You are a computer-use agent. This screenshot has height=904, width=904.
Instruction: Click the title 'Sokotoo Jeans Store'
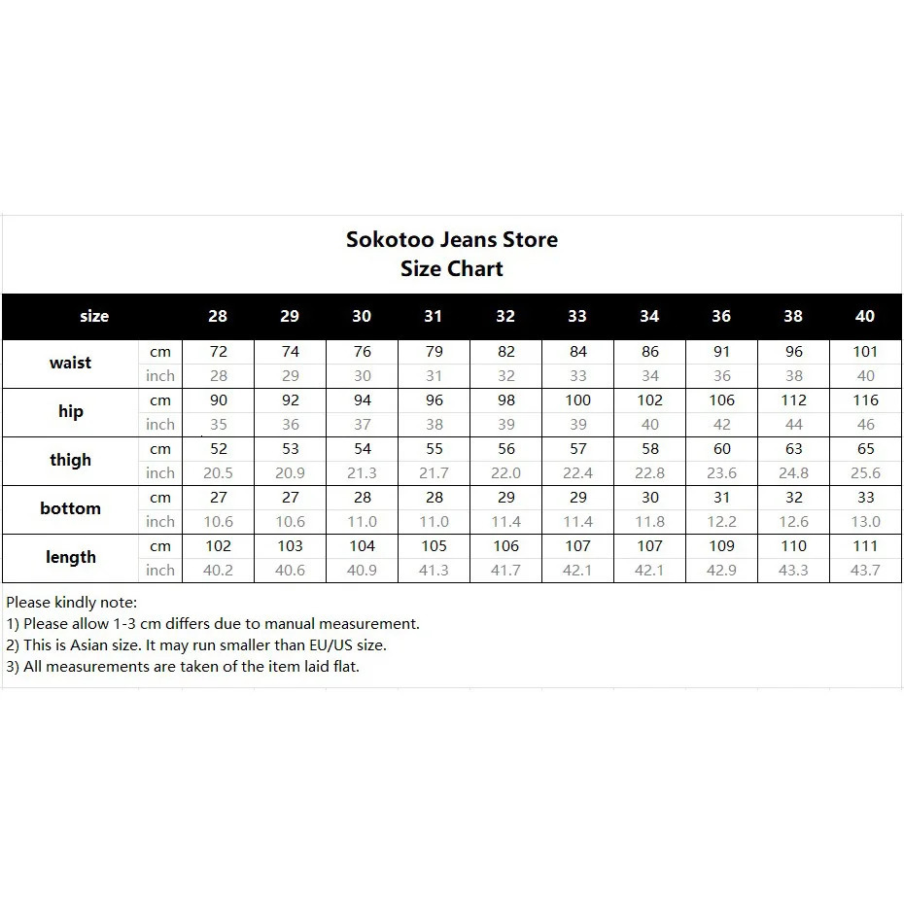(452, 240)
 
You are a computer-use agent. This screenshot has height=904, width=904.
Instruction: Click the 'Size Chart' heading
(452, 269)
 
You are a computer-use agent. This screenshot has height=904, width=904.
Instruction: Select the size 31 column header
(434, 316)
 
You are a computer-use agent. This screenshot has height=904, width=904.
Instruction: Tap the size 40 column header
(865, 316)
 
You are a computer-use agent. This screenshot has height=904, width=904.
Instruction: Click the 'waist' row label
(70, 363)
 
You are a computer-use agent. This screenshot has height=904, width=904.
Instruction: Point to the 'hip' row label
(70, 411)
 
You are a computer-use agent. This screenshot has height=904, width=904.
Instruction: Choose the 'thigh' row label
(70, 460)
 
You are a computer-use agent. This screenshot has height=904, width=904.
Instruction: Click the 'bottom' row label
(70, 508)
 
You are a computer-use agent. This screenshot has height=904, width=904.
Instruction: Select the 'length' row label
(70, 557)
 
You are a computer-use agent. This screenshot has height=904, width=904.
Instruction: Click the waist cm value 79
(434, 352)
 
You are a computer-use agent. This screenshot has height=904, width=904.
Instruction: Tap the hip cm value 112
(794, 400)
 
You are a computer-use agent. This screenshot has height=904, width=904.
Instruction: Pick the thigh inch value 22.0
(505, 473)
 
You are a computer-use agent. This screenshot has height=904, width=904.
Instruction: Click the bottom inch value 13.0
(865, 522)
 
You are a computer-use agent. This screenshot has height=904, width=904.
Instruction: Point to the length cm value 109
(721, 546)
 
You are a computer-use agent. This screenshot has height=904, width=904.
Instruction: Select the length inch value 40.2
(218, 571)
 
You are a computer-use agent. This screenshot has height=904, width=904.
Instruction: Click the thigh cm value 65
(865, 449)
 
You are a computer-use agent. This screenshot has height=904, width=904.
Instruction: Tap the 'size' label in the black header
(94, 316)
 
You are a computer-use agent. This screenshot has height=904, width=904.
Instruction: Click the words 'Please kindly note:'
(72, 603)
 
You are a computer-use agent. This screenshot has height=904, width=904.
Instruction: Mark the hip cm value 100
(577, 400)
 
